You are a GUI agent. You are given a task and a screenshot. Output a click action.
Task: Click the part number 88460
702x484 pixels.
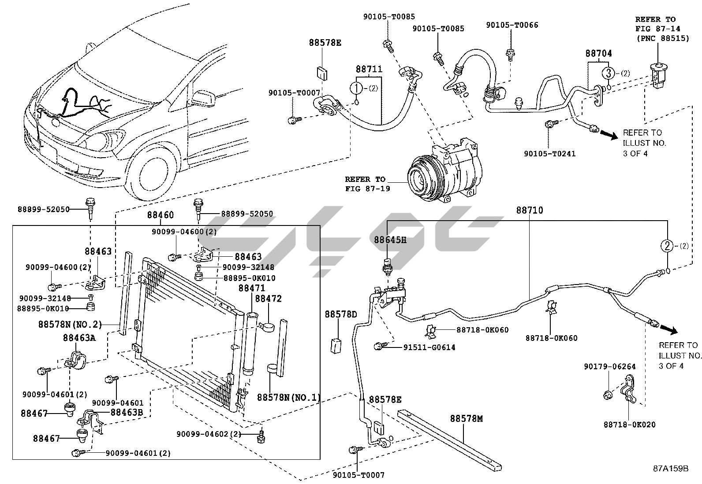pyautogui.click(x=161, y=215)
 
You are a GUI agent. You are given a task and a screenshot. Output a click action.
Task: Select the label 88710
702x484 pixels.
pyautogui.click(x=530, y=211)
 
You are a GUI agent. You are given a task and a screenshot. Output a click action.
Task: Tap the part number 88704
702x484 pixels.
pyautogui.click(x=599, y=53)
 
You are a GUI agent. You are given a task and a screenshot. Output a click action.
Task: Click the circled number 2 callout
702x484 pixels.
pyautogui.click(x=667, y=246)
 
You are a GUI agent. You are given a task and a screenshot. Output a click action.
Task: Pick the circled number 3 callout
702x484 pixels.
pyautogui.click(x=608, y=73)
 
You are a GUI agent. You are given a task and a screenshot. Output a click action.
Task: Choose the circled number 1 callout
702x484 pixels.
pyautogui.click(x=356, y=88)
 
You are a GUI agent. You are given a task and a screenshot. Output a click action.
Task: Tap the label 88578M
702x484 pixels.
pyautogui.click(x=467, y=419)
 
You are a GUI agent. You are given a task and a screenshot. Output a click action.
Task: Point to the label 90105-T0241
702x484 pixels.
pyautogui.click(x=549, y=154)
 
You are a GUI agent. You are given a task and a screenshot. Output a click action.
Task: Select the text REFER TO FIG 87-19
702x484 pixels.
pyautogui.click(x=365, y=184)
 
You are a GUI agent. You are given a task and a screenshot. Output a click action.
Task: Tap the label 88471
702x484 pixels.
pyautogui.click(x=252, y=288)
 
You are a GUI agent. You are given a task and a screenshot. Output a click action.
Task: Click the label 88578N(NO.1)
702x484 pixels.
pyautogui.click(x=288, y=397)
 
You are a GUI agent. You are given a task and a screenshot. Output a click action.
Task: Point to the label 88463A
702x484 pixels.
pyautogui.click(x=79, y=338)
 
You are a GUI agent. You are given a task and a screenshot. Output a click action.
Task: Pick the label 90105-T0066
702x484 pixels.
pyautogui.click(x=512, y=26)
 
